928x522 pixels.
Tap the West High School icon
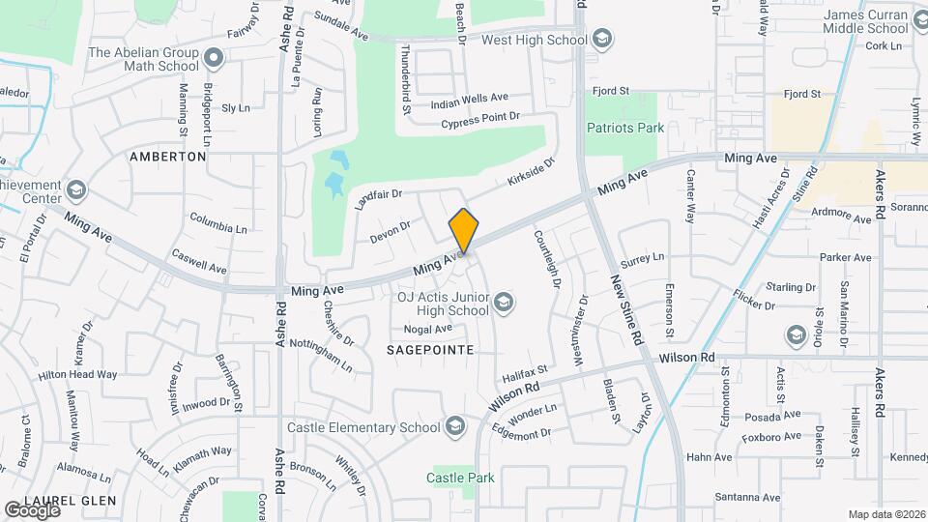point(602,41)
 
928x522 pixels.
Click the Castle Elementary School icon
point(454,427)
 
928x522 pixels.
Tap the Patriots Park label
point(624,128)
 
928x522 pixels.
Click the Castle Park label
point(461,478)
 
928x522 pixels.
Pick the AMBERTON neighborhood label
point(168,156)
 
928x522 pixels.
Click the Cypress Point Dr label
point(480,120)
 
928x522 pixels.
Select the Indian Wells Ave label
point(469,99)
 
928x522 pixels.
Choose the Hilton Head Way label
point(77,374)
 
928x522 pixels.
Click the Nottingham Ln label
point(322,356)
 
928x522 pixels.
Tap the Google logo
point(32,509)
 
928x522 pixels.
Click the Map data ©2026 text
point(885,514)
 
